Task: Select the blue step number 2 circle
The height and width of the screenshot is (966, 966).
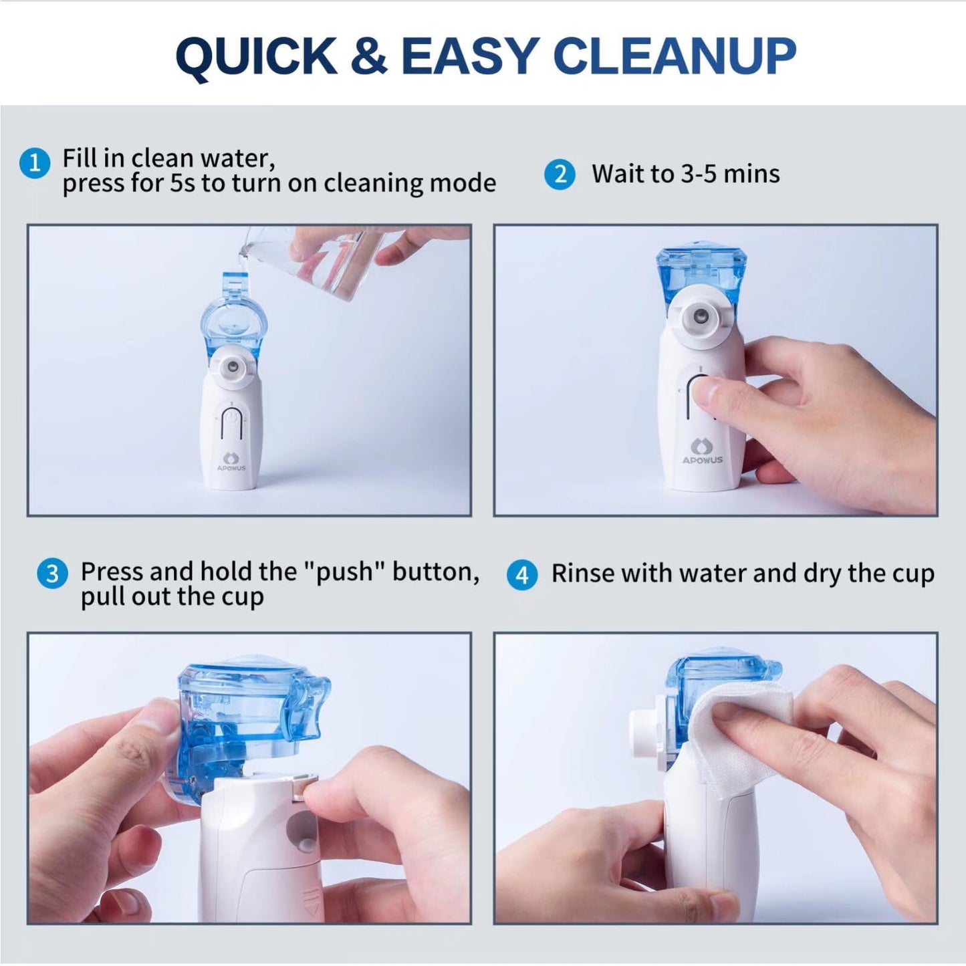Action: tap(560, 174)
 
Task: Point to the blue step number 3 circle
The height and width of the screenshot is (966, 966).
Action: tap(52, 574)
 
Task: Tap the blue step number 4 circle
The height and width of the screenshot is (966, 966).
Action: tap(522, 575)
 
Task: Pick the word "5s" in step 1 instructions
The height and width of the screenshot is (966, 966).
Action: tap(181, 183)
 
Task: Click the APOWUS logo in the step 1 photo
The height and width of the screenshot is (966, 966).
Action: tap(231, 462)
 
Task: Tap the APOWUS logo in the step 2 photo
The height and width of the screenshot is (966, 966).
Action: tap(702, 451)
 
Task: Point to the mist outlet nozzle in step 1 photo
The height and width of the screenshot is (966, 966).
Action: tap(232, 366)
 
